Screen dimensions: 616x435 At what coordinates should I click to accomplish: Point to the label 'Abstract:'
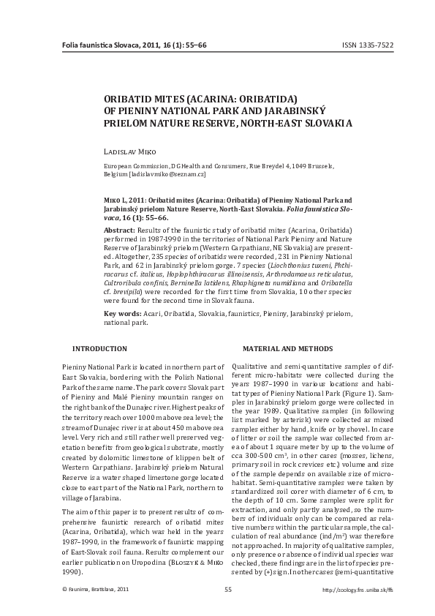pos(119,230)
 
